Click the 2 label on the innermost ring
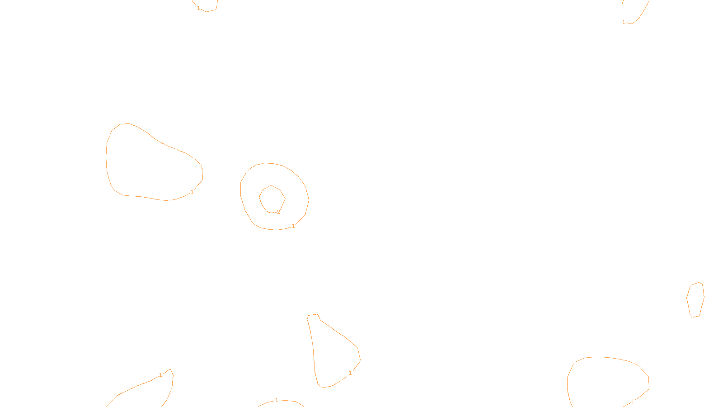point(278,212)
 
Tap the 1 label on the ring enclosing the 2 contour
point(293,226)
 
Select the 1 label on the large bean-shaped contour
point(192,192)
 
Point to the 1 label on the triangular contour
point(350,373)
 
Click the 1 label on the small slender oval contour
point(691,317)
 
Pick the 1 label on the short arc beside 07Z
point(277,400)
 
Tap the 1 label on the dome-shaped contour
point(633,402)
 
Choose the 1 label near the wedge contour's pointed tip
point(160,375)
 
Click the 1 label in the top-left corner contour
point(198,8)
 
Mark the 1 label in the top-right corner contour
point(624,22)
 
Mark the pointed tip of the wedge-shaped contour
point(170,369)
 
